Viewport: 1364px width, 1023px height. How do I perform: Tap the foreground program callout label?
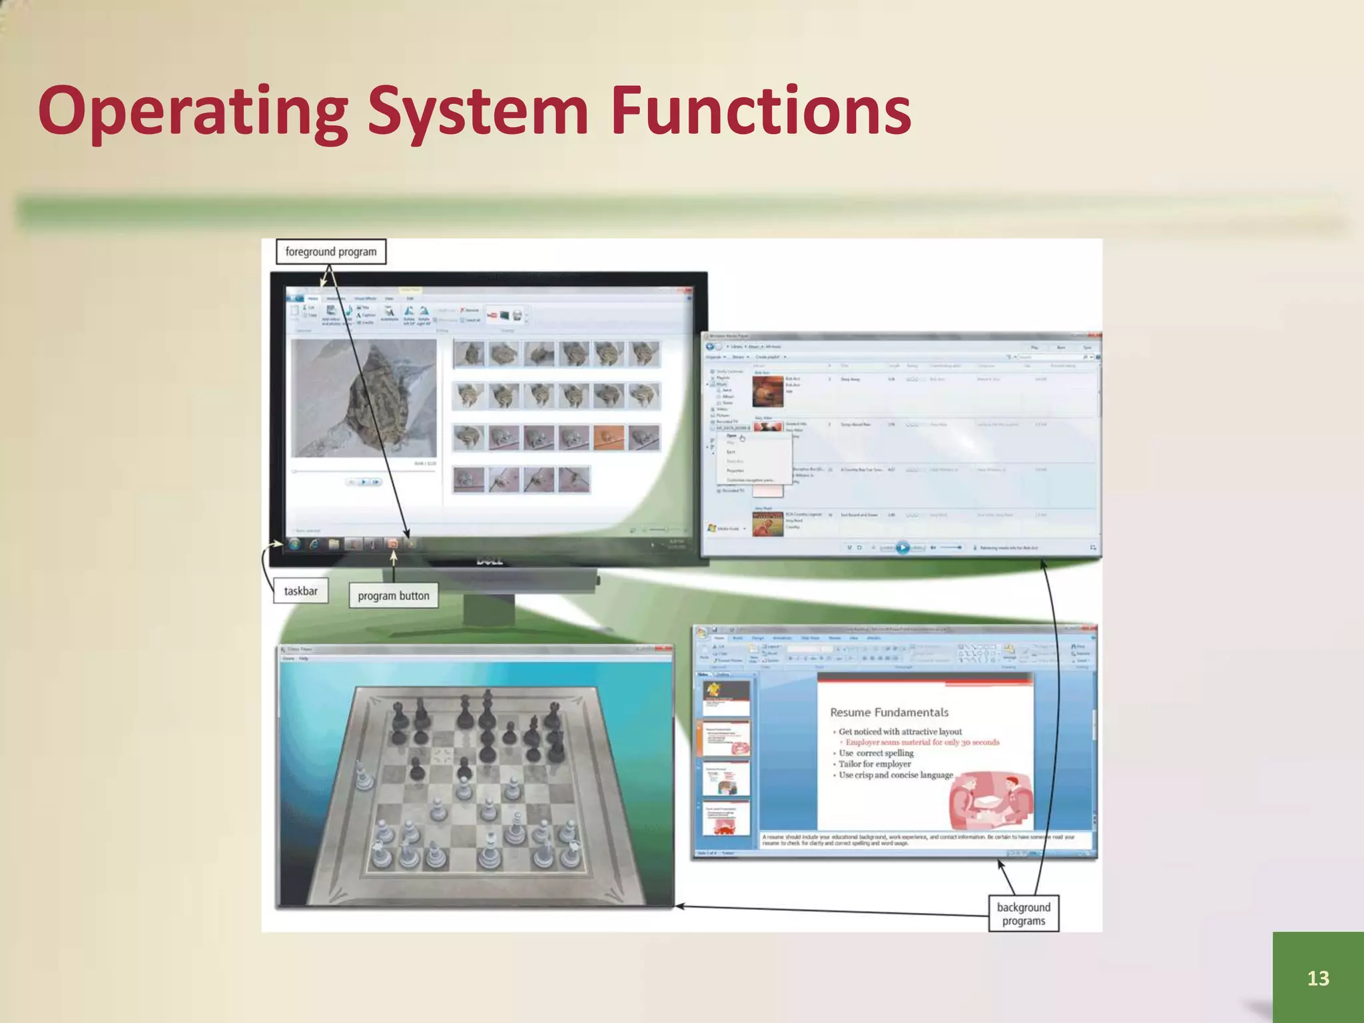click(x=331, y=252)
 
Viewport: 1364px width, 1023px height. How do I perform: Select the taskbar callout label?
click(x=301, y=591)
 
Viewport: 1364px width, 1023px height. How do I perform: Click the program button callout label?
click(x=394, y=595)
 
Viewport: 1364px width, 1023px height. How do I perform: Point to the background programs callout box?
click(x=1023, y=914)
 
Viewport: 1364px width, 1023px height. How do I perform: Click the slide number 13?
click(x=1317, y=977)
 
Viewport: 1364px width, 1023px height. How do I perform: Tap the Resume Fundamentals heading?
click(x=889, y=712)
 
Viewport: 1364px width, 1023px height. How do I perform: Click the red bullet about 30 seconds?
click(x=922, y=742)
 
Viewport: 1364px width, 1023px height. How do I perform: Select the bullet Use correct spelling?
click(x=876, y=753)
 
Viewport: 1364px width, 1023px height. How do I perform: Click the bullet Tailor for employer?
click(x=874, y=764)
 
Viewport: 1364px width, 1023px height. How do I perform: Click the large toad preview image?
click(x=364, y=398)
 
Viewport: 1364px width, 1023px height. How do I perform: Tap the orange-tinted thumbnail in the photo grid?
click(x=608, y=438)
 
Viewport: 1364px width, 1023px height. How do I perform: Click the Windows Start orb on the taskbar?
click(x=294, y=544)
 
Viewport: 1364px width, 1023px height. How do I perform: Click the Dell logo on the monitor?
click(x=490, y=561)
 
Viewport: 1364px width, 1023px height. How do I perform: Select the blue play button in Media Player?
click(x=902, y=547)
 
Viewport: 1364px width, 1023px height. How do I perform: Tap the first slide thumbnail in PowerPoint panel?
click(x=727, y=698)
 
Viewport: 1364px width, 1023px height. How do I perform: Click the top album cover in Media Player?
click(x=768, y=392)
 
